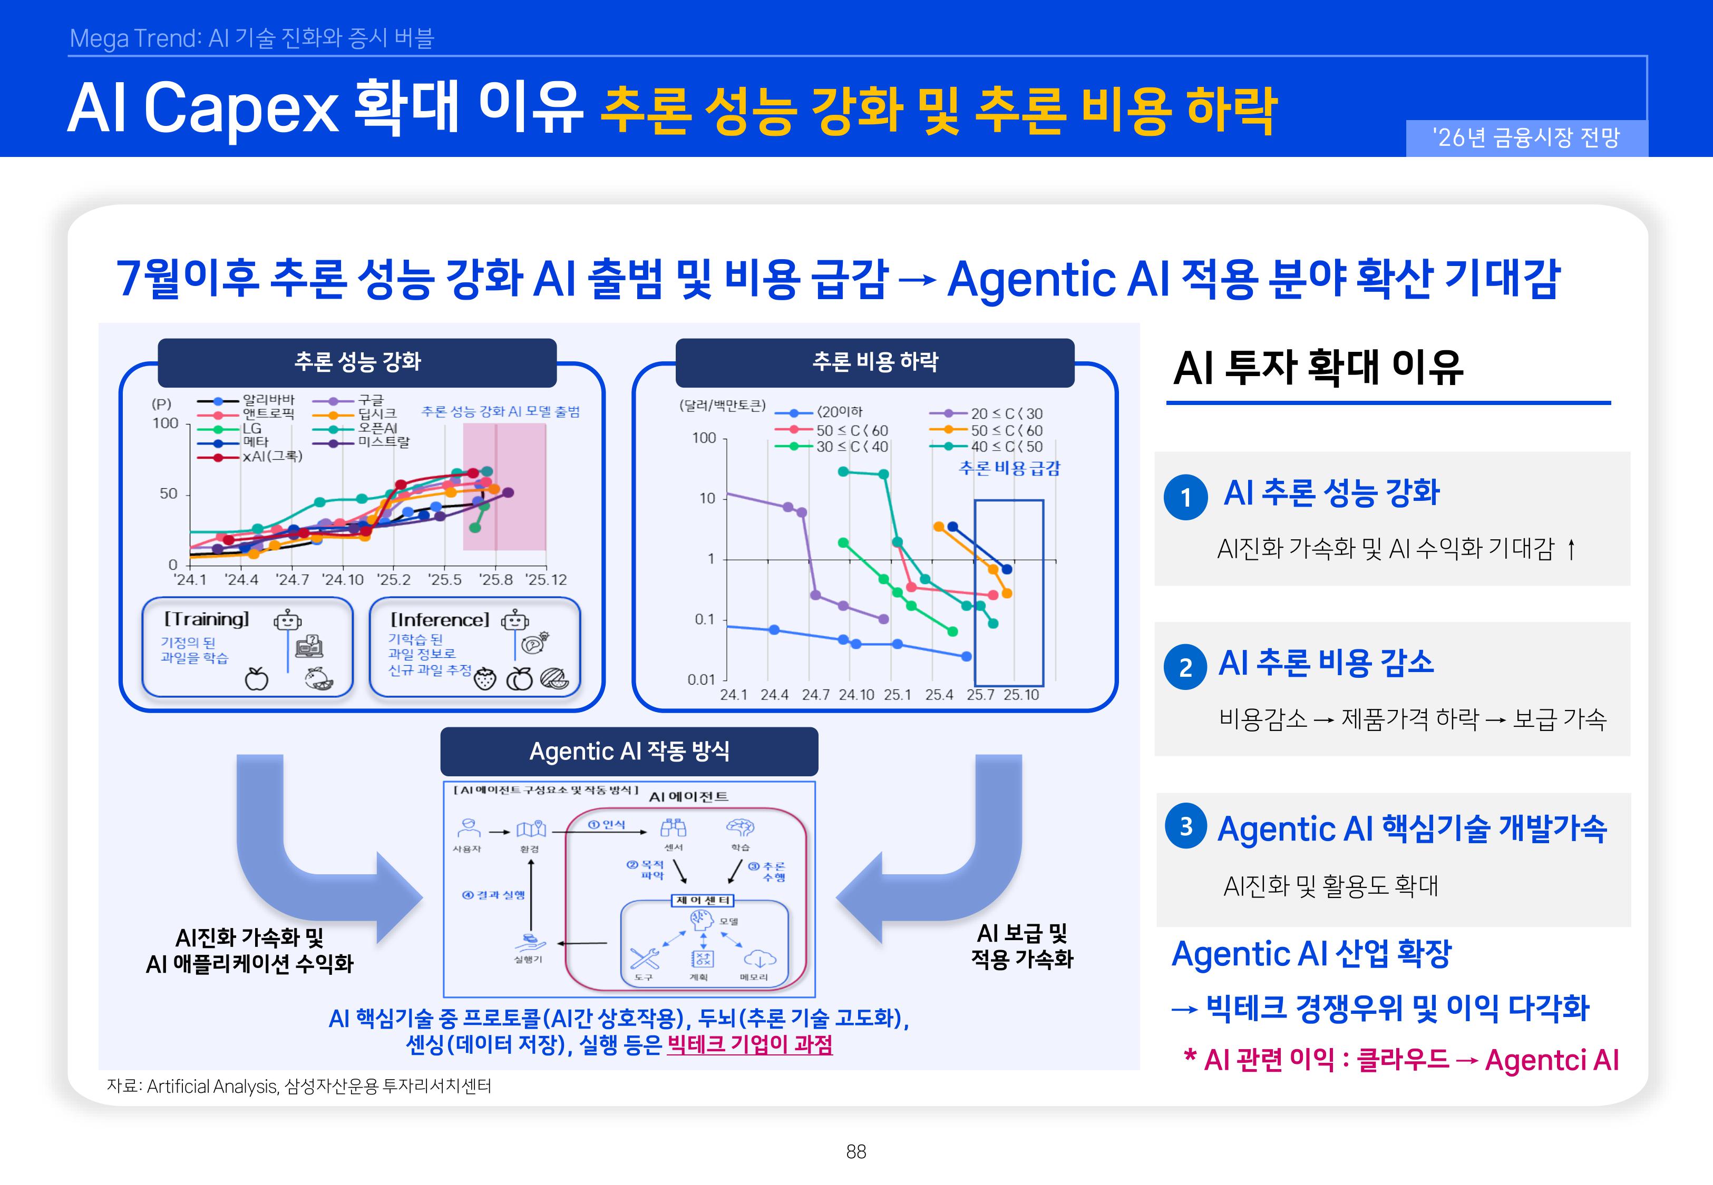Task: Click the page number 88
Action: tap(856, 1152)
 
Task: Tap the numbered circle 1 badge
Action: tap(1185, 497)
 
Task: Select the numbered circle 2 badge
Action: tap(1185, 667)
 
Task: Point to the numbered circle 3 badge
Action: tap(1185, 826)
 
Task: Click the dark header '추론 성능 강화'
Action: tap(357, 362)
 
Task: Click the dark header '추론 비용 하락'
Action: tap(875, 362)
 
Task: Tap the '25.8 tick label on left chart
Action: tap(495, 580)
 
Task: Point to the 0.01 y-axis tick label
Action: tap(700, 679)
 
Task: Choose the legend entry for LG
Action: tap(251, 428)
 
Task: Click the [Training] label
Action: tap(207, 619)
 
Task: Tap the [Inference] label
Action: tap(440, 620)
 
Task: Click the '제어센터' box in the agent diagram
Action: tap(703, 901)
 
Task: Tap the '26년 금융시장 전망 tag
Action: tap(1526, 138)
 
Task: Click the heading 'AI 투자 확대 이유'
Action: tap(1318, 368)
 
